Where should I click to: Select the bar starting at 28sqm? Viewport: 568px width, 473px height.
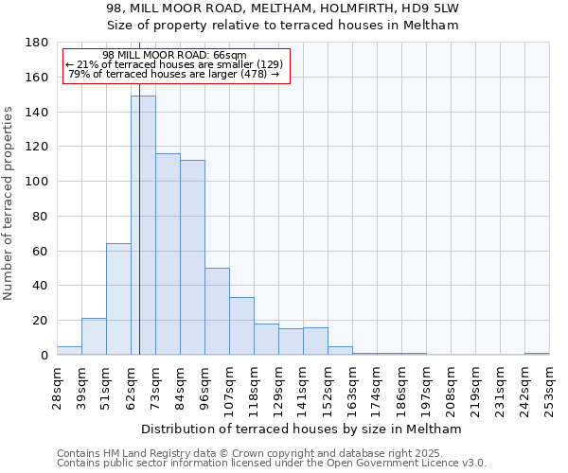[69, 350]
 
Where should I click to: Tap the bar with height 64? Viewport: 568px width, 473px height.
[118, 299]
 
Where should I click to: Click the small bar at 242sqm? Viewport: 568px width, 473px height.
[537, 354]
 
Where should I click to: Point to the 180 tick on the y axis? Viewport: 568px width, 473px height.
[38, 43]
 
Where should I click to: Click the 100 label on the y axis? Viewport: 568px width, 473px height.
[38, 182]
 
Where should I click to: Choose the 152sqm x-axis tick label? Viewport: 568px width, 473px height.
[328, 385]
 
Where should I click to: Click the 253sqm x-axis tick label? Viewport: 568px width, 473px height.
[549, 385]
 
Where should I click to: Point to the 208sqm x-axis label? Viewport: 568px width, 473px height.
[451, 385]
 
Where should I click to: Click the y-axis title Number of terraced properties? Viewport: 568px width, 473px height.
[9, 202]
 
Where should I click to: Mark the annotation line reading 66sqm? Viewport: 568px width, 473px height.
[174, 55]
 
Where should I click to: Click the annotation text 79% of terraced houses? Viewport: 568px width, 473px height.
[174, 74]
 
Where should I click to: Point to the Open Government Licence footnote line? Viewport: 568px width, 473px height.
[271, 464]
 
